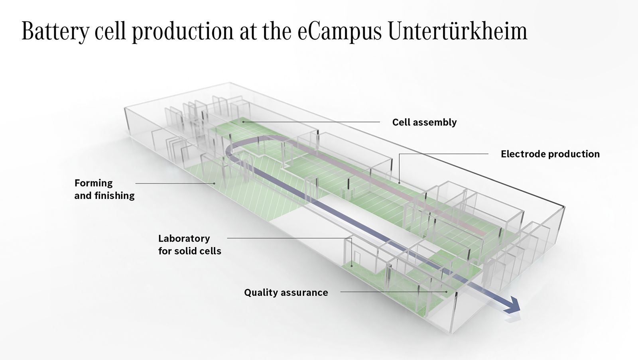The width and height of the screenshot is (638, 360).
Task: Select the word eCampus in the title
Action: pos(339,31)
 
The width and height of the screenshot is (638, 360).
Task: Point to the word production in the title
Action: pos(183,32)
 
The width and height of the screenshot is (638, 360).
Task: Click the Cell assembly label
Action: pos(424,122)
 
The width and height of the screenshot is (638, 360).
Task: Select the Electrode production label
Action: pos(550,154)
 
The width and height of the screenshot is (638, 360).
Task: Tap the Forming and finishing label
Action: pos(104,189)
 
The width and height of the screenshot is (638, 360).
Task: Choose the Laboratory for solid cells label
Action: pos(189,245)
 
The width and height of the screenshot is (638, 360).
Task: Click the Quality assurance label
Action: pos(286,293)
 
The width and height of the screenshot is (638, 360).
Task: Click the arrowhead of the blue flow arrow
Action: pos(514,306)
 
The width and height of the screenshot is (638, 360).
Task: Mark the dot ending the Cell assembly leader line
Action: pos(243,122)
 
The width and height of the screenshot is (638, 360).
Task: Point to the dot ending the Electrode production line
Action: pos(399,183)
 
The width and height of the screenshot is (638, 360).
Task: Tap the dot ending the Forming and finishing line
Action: pos(214,183)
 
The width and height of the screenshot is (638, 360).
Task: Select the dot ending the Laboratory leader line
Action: pos(352,266)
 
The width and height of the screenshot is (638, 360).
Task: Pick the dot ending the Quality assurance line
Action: pos(446,292)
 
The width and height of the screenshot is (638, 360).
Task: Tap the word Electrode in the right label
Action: pos(523,154)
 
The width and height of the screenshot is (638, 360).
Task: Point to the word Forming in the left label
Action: pos(93,183)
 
